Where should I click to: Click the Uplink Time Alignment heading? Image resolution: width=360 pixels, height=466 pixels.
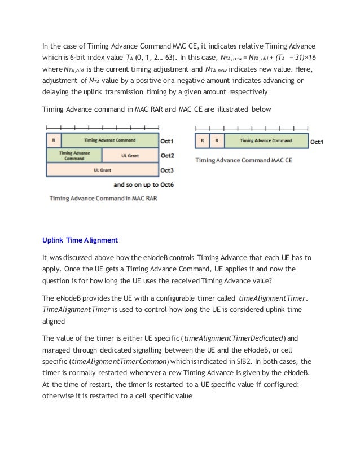tap(80, 240)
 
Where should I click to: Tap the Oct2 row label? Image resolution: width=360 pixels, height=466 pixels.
tap(168, 155)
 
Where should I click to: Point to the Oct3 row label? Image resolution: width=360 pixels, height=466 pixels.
tap(168, 169)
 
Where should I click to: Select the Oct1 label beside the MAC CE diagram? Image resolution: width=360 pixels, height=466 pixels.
tap(317, 142)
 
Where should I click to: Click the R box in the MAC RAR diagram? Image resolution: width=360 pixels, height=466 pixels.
tap(54, 140)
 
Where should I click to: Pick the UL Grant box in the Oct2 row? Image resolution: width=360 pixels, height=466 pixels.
tap(129, 155)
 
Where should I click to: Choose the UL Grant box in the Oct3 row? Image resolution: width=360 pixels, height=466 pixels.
tap(102, 169)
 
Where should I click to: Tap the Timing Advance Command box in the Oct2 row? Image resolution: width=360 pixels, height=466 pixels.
tap(74, 155)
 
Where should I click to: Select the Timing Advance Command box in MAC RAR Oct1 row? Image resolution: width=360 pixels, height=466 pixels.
tap(109, 140)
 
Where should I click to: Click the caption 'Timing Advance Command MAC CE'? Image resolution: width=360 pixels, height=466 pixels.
tap(244, 160)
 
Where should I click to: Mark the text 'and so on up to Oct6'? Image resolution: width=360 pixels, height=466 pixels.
tap(143, 184)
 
